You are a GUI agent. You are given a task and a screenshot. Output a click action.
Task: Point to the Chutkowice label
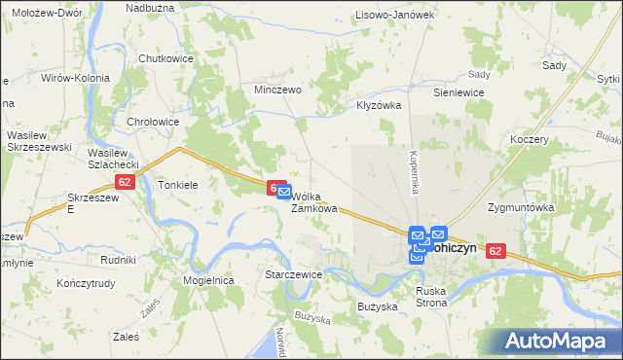tap(165, 58)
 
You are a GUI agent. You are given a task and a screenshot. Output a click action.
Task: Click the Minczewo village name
tap(277, 89)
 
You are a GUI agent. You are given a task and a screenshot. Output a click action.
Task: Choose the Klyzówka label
tap(380, 105)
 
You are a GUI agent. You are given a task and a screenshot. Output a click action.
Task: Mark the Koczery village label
tap(530, 139)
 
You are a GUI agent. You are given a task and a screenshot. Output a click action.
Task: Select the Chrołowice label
tap(154, 122)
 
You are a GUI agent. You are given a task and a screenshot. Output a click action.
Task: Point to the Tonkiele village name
tap(178, 184)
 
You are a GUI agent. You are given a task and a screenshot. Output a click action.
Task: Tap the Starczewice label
tap(293, 274)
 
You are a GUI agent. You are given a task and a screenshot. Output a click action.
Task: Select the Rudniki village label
tap(117, 260)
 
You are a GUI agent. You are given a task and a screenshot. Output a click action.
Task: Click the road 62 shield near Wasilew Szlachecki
tap(123, 182)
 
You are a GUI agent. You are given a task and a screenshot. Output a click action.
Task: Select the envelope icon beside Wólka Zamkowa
tap(284, 195)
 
